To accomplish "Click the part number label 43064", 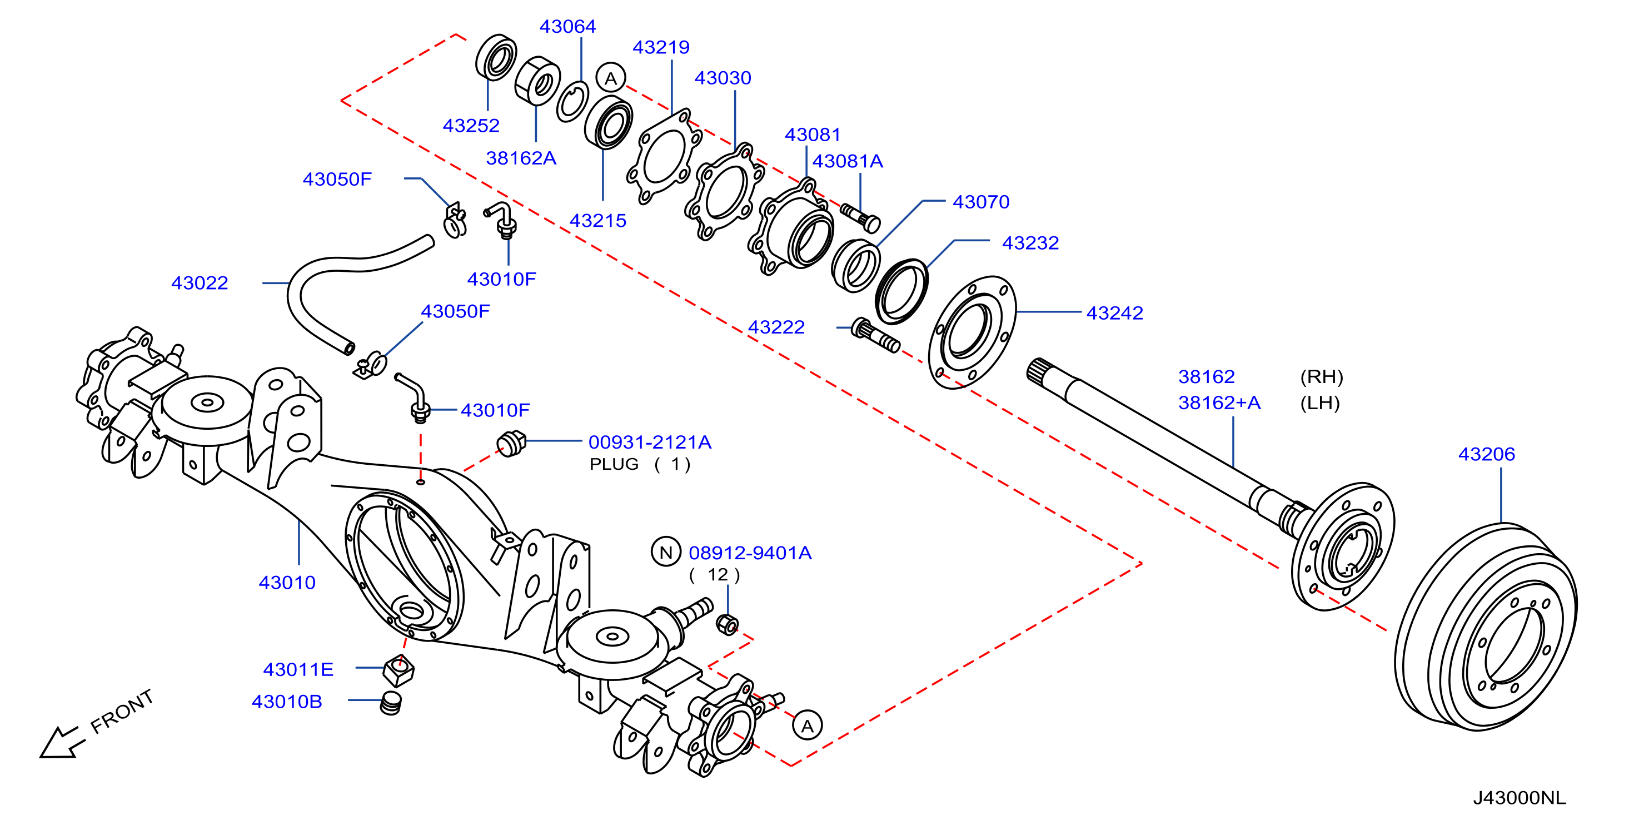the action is tap(567, 27).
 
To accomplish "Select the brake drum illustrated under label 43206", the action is tap(1486, 627).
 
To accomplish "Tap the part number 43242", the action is tap(1114, 313).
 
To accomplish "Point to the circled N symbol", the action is tap(666, 553).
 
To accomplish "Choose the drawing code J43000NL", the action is tap(1519, 798).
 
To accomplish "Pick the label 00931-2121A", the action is tap(650, 442).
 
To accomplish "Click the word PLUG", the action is tap(614, 464).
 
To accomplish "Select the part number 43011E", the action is tap(298, 669).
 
